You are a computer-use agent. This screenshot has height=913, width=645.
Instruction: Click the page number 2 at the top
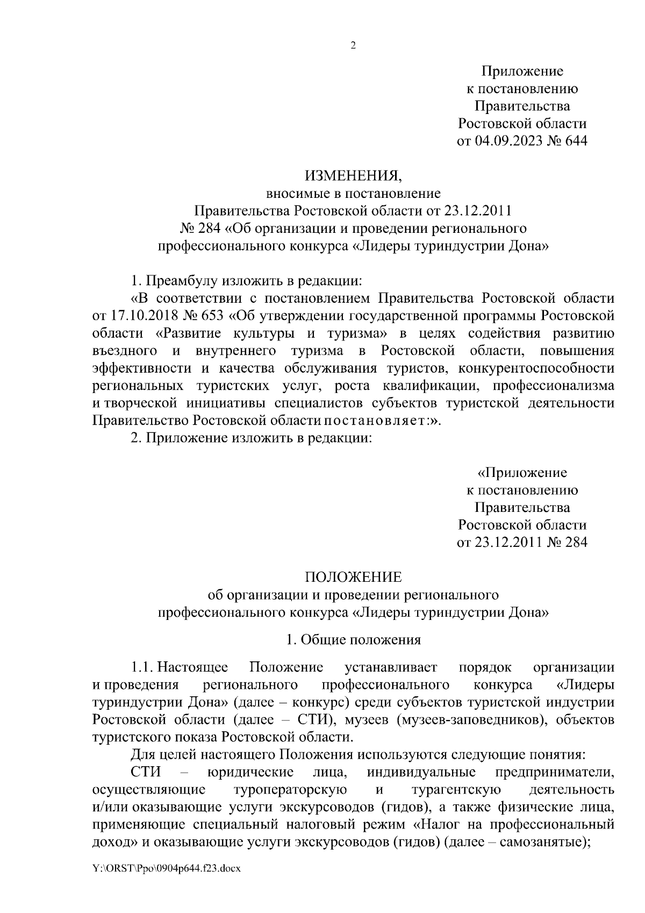click(353, 46)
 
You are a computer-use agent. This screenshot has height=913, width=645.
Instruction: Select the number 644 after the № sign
click(576, 141)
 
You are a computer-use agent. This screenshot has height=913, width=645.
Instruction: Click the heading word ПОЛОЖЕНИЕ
click(353, 577)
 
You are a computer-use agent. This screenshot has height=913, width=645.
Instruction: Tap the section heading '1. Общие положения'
click(353, 640)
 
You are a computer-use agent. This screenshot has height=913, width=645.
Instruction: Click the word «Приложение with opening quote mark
click(522, 473)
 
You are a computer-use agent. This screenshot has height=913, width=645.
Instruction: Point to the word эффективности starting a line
click(142, 368)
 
